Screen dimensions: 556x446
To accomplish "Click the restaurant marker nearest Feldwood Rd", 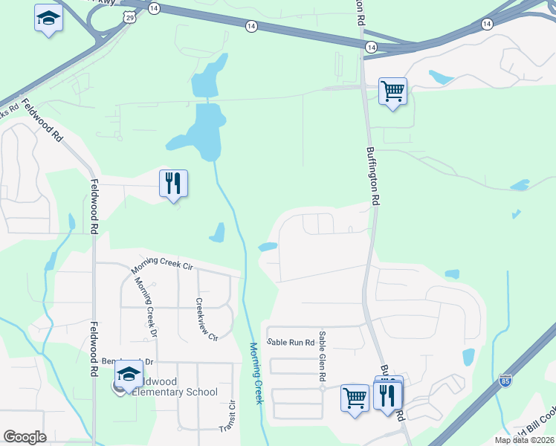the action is point(173,183).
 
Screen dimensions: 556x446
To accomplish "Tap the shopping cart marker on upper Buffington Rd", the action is point(392,91).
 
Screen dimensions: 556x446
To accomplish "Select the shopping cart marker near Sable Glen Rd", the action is point(355,397).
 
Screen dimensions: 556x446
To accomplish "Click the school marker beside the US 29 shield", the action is point(48,18).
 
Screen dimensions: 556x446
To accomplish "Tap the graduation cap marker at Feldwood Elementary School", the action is point(129,376).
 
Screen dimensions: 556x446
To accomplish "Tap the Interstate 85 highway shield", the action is point(505,379).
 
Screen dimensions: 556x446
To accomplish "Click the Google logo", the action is point(25,437).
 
